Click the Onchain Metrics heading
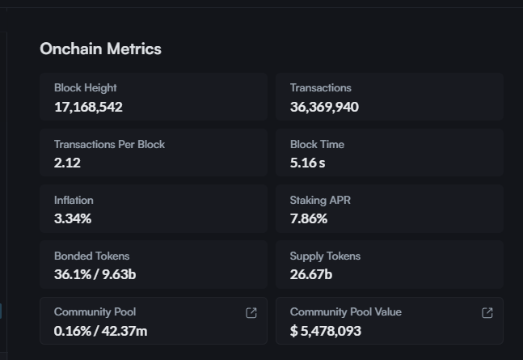pyautogui.click(x=100, y=49)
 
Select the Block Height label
pyautogui.click(x=86, y=88)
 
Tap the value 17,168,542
pyautogui.click(x=88, y=107)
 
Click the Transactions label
pyautogui.click(x=321, y=88)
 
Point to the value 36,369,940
pyautogui.click(x=324, y=107)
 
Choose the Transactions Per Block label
pyautogui.click(x=109, y=145)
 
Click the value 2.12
pyautogui.click(x=67, y=163)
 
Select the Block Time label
pyautogui.click(x=317, y=145)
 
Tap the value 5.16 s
pyautogui.click(x=308, y=163)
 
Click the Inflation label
pyautogui.click(x=74, y=201)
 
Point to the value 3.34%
pyautogui.click(x=73, y=218)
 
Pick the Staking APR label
pyautogui.click(x=320, y=201)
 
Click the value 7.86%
pyautogui.click(x=309, y=218)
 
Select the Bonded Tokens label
pyautogui.click(x=91, y=256)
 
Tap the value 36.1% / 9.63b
pyautogui.click(x=95, y=274)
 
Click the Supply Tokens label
pyautogui.click(x=325, y=256)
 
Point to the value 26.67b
pyautogui.click(x=311, y=274)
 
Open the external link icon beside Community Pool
pyautogui.click(x=251, y=313)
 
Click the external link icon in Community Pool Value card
pyautogui.click(x=487, y=313)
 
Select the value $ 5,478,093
pyautogui.click(x=326, y=331)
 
